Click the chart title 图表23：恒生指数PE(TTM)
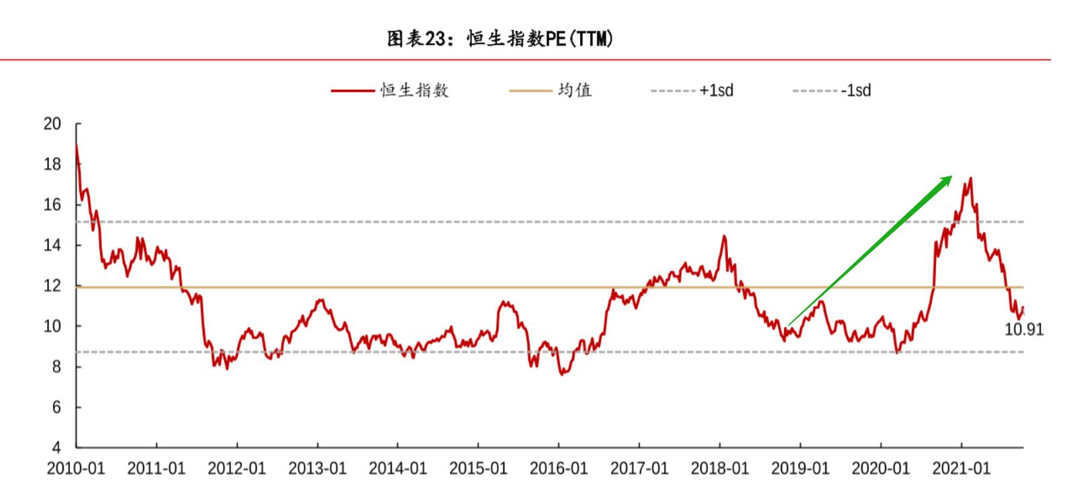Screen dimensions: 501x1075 [500, 40]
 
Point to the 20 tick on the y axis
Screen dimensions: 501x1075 [52, 124]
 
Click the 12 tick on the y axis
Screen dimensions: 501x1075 [52, 286]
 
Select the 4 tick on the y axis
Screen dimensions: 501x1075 [56, 448]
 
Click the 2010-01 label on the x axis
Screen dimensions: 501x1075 [76, 468]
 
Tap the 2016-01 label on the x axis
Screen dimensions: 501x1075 [559, 468]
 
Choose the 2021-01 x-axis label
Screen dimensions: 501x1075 [961, 468]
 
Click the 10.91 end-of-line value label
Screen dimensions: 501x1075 [1024, 330]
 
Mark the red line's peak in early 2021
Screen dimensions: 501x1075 [971, 178]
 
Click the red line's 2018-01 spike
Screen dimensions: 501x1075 [724, 235]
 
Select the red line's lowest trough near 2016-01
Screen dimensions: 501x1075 [561, 374]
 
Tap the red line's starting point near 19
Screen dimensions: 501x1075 [77, 145]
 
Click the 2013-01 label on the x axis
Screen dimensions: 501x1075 [317, 468]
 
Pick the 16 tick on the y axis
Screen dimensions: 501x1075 [52, 205]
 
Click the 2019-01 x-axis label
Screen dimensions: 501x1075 [800, 468]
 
